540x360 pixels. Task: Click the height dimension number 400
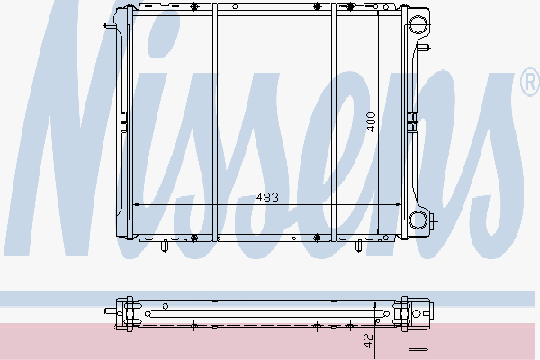pyautogui.click(x=370, y=122)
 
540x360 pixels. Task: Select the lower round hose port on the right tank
pyautogui.click(x=418, y=220)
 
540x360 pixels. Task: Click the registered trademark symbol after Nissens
pyautogui.click(x=528, y=85)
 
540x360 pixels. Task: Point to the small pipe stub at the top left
pyautogui.click(x=111, y=25)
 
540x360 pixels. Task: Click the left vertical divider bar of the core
pyautogui.click(x=215, y=121)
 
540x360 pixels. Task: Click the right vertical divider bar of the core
pyautogui.click(x=335, y=121)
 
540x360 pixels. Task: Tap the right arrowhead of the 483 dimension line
pyautogui.click(x=400, y=205)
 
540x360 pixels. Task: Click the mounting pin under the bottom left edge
pyautogui.click(x=166, y=245)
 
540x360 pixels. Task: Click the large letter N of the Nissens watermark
pyautogui.click(x=90, y=135)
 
